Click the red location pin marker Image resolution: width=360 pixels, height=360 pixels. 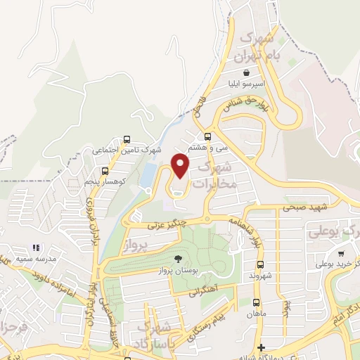coord(181,165)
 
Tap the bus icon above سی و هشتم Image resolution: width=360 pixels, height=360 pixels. coord(207,137)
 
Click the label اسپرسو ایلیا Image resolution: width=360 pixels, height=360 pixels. coord(245,83)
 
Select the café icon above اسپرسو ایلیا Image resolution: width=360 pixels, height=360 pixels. coord(245,72)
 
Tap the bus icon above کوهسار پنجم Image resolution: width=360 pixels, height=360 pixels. coord(105,171)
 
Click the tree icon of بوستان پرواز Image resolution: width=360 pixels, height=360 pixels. coord(177,259)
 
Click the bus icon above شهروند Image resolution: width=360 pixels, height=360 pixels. coord(260,265)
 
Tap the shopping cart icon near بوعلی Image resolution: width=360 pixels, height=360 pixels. coord(341,254)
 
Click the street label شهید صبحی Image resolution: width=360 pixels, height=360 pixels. coord(302,207)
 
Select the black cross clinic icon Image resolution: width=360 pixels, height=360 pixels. coord(261,347)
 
